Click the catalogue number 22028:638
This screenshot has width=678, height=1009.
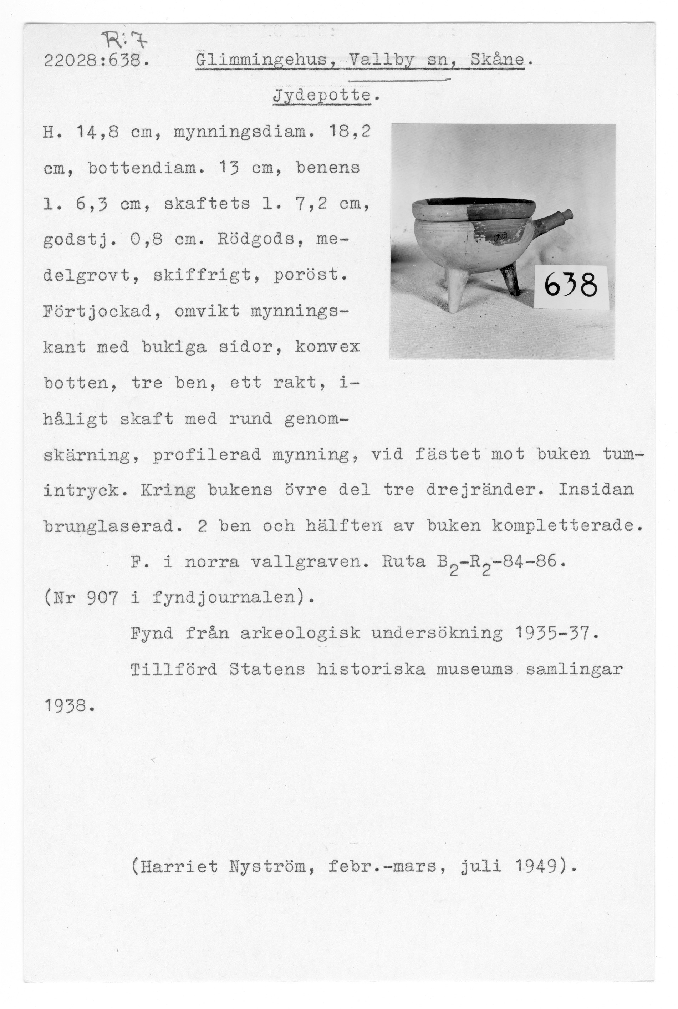pos(96,62)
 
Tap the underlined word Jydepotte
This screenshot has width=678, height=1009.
pos(322,96)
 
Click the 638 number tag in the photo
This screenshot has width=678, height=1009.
pos(571,286)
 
